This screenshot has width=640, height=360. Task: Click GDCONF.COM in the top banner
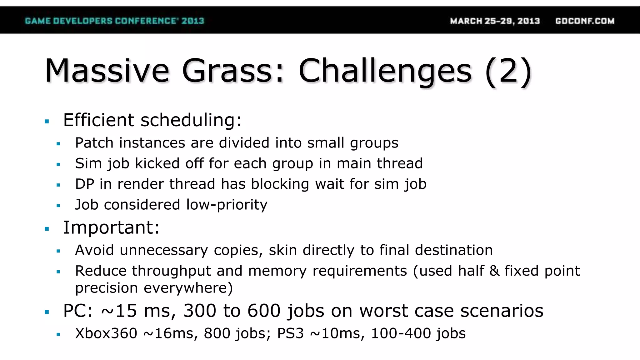[585, 21]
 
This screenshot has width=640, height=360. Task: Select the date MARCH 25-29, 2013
[495, 21]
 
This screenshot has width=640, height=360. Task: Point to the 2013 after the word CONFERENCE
[193, 21]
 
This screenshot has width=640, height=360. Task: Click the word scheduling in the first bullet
[191, 120]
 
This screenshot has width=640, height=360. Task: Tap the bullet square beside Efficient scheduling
[47, 121]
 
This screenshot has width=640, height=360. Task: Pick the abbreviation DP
[84, 184]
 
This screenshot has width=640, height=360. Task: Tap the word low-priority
[227, 205]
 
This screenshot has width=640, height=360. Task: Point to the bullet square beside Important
[47, 229]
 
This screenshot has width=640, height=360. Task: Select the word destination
[454, 250]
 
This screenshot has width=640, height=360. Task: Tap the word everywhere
[188, 288]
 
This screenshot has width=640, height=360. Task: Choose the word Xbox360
[106, 333]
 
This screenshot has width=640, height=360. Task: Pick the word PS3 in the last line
[290, 333]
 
